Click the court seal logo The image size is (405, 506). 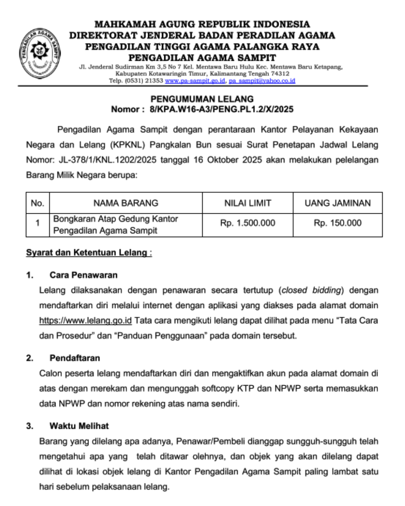(x=40, y=52)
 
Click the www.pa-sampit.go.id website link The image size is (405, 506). (x=195, y=81)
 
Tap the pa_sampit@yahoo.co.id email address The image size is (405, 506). (x=262, y=81)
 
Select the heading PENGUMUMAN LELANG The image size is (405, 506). (x=202, y=99)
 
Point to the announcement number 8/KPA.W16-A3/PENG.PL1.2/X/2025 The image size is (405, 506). (x=221, y=109)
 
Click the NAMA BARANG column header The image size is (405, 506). (x=126, y=203)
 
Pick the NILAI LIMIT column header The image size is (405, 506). (x=247, y=203)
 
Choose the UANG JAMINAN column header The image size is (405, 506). (x=337, y=203)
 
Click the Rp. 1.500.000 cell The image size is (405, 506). (x=247, y=223)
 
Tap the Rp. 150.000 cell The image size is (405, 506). (x=337, y=223)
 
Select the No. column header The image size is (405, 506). (x=37, y=203)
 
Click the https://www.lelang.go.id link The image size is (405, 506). (x=85, y=320)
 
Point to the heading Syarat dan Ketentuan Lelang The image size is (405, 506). (x=88, y=253)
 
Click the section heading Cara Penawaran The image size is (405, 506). (x=83, y=275)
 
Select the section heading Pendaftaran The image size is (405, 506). (x=75, y=358)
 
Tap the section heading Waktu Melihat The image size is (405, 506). (x=79, y=426)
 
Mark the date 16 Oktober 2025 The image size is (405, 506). (x=228, y=160)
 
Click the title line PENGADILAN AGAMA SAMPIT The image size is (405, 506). (x=202, y=58)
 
